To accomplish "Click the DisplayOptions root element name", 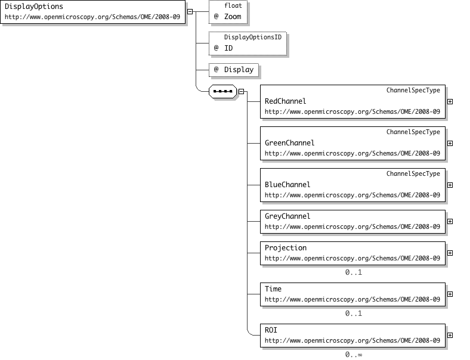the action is [34, 7].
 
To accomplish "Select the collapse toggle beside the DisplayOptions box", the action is [190, 12].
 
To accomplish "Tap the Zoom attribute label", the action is [233, 17].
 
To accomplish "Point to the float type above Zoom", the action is [233, 6].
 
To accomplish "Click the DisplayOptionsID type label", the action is [253, 37].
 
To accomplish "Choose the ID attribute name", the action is [228, 48].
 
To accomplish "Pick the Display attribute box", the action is [234, 70].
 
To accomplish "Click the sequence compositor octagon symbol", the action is [222, 91].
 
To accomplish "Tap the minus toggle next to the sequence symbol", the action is [242, 92].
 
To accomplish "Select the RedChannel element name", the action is [285, 101].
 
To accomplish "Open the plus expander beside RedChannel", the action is [450, 102].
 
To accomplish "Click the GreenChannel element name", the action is [289, 143].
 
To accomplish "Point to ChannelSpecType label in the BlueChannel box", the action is [413, 173].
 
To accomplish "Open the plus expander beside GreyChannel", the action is [450, 222].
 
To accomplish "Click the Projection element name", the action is [286, 248].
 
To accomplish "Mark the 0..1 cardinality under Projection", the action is [354, 272].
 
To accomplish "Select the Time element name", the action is [273, 289].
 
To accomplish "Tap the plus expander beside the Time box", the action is [450, 294].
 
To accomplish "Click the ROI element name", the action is [271, 330].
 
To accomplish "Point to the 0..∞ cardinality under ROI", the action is [354, 355].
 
